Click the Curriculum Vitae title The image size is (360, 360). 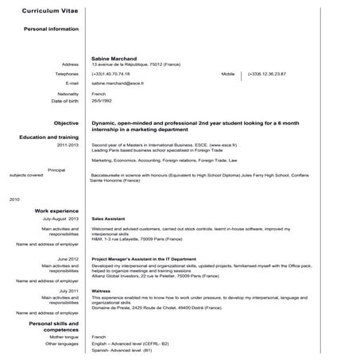click(49, 14)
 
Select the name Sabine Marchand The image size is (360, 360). click(116, 58)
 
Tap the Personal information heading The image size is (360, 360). click(52, 29)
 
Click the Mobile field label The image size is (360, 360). click(228, 73)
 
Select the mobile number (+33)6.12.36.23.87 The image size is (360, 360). click(266, 73)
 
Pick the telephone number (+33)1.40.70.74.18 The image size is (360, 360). click(116, 73)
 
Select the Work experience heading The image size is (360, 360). click(56, 210)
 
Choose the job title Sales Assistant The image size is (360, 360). click(108, 218)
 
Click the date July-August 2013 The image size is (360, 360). click(60, 218)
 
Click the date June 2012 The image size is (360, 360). click(68, 259)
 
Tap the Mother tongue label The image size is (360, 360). click(63, 337)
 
